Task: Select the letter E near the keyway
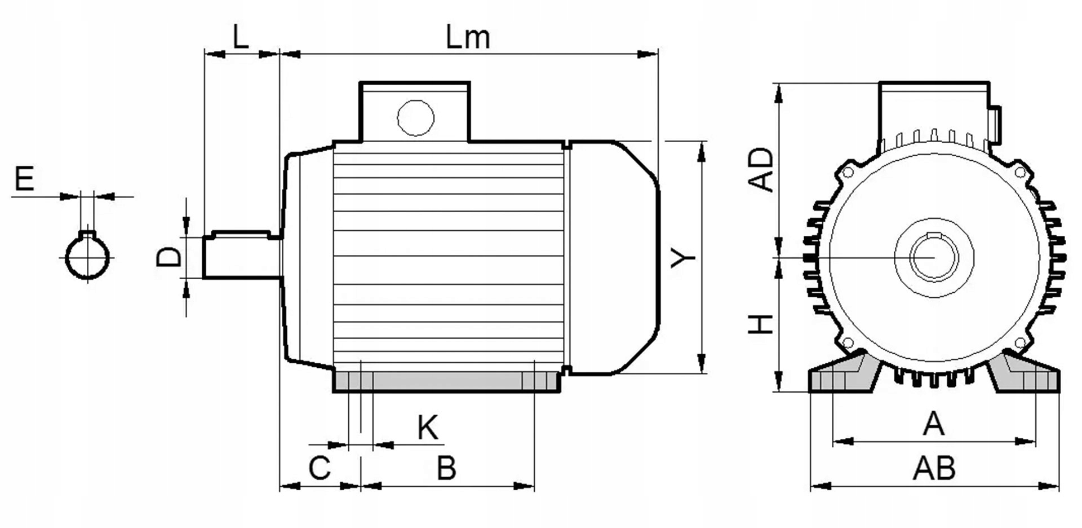(24, 179)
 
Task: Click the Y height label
(684, 258)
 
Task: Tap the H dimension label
(761, 324)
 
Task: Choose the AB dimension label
(934, 468)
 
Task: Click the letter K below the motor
(428, 428)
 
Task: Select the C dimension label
(320, 468)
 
